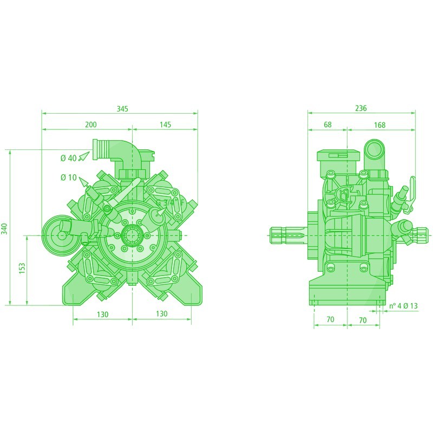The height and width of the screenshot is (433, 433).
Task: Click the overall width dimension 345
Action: [x=122, y=109]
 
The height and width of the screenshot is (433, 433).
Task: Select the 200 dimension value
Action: [x=90, y=125]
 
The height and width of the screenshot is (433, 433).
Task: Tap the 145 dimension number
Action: [x=165, y=125]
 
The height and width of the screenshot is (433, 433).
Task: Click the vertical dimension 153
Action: [x=22, y=269]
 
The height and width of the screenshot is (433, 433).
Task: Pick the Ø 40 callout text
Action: [x=68, y=158]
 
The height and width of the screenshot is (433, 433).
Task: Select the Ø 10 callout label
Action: [x=68, y=178]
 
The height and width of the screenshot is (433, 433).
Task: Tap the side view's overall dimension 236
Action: [x=360, y=108]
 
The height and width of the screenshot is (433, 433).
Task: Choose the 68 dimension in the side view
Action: [x=327, y=125]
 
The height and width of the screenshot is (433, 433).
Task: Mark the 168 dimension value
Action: [x=379, y=125]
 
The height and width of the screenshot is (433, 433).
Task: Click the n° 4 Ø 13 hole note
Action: [x=403, y=306]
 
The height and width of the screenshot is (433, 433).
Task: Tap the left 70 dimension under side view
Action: [x=330, y=320]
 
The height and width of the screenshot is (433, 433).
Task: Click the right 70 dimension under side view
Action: [x=363, y=320]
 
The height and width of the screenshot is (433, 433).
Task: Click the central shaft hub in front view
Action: [x=132, y=235]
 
